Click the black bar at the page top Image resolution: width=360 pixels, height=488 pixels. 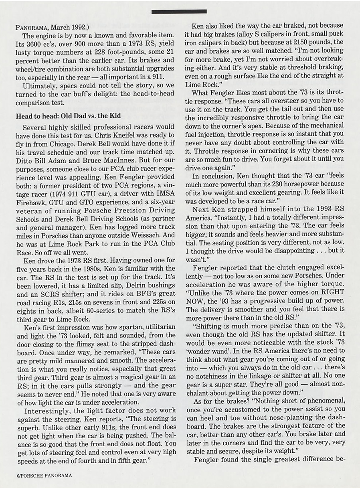coord(179,11)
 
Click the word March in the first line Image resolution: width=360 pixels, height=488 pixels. coord(60,28)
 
